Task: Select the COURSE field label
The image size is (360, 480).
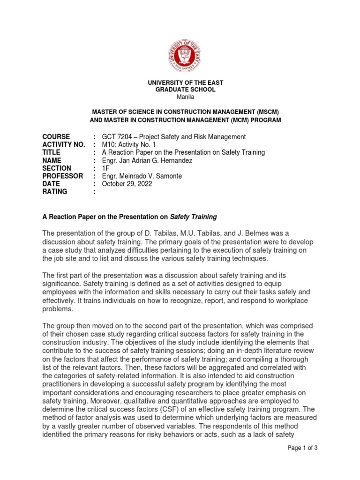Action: tap(56, 137)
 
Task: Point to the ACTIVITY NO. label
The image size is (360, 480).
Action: tap(64, 145)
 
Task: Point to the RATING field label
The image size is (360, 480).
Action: tap(55, 192)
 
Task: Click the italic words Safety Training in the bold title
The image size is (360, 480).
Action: tap(193, 217)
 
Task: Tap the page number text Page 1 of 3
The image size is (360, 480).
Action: tap(302, 448)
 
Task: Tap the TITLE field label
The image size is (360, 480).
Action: tap(51, 153)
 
